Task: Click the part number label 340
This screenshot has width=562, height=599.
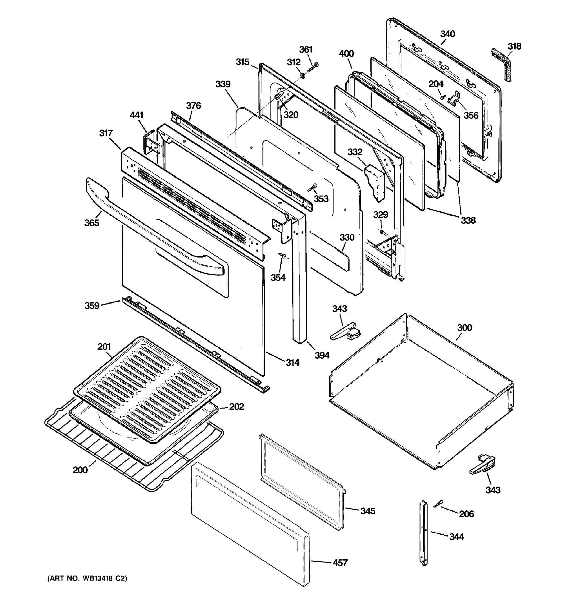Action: point(447,34)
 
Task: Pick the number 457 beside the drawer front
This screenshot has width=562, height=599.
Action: point(340,563)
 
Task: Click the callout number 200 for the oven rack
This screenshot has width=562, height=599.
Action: point(80,470)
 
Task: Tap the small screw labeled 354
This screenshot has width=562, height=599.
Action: point(283,256)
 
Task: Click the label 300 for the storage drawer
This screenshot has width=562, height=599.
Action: point(464,327)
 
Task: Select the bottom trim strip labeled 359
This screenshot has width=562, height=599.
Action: point(193,343)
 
